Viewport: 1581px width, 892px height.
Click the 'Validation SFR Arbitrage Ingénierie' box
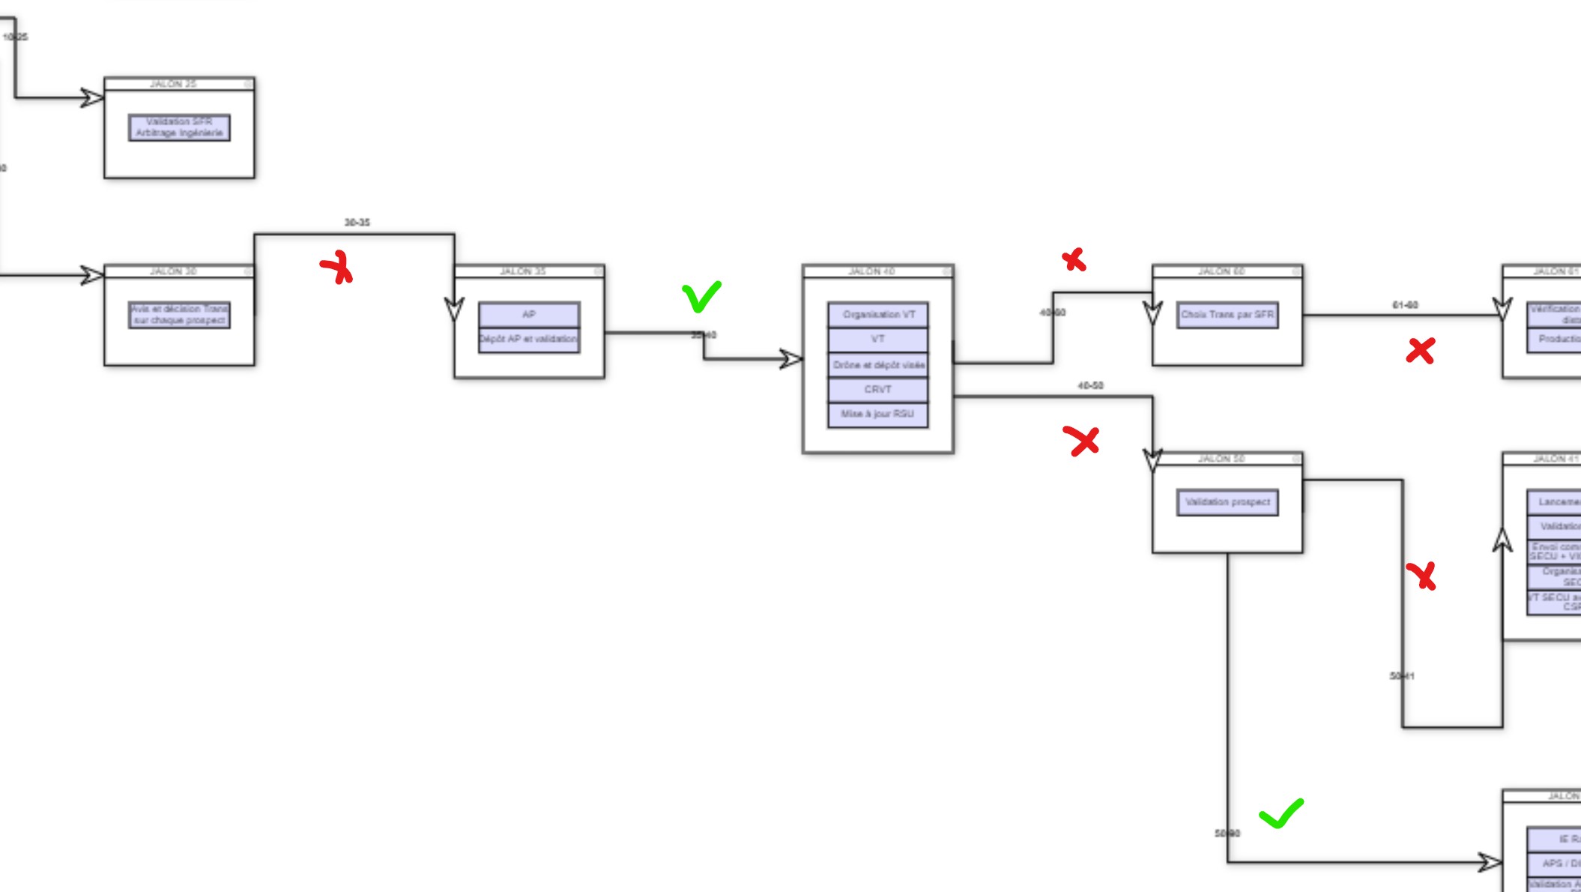coord(179,127)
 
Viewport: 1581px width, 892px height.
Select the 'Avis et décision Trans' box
coord(179,315)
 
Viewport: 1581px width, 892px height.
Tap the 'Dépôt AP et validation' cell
coord(529,340)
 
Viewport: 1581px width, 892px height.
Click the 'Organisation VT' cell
coord(878,315)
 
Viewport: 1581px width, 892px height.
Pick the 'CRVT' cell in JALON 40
coord(878,390)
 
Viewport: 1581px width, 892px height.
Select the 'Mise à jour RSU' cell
coord(878,415)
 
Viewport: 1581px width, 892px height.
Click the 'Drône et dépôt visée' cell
coord(878,365)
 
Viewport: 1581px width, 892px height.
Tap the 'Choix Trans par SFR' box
coord(1227,315)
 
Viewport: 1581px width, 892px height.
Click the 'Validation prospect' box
coord(1227,502)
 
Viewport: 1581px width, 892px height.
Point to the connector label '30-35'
coord(357,223)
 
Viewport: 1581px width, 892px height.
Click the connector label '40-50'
coord(1090,385)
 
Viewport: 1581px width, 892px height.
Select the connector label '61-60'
coord(1405,305)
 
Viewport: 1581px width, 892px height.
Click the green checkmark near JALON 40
coord(701,297)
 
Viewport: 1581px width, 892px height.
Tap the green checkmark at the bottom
coord(1281,814)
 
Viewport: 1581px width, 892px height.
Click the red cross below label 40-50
coord(1081,441)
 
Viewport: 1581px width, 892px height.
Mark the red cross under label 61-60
coord(1421,351)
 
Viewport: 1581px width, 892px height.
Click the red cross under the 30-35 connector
coord(337,268)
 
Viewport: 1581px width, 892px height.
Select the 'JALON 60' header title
coord(1221,271)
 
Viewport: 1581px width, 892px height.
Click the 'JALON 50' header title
coord(1221,459)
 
